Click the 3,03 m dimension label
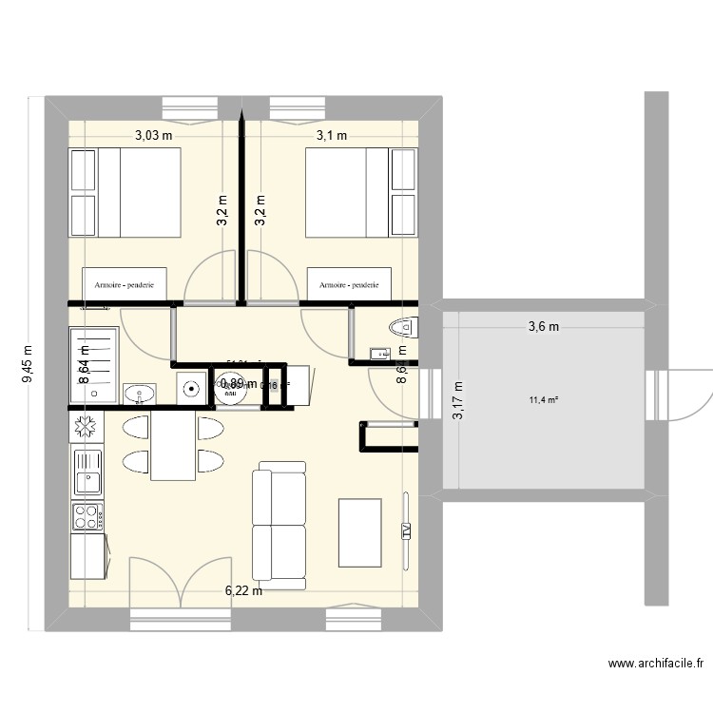pos(154,135)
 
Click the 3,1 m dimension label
pos(331,135)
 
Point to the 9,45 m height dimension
pos(29,363)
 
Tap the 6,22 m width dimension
pos(243,590)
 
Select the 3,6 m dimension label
pos(544,327)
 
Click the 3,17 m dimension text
pos(459,400)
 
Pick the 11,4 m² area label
pos(544,399)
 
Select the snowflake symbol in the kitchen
pos(86,427)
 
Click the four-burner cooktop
pos(87,518)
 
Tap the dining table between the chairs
pos(173,444)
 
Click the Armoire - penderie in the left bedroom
pos(125,284)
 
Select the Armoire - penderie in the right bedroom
pos(349,284)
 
